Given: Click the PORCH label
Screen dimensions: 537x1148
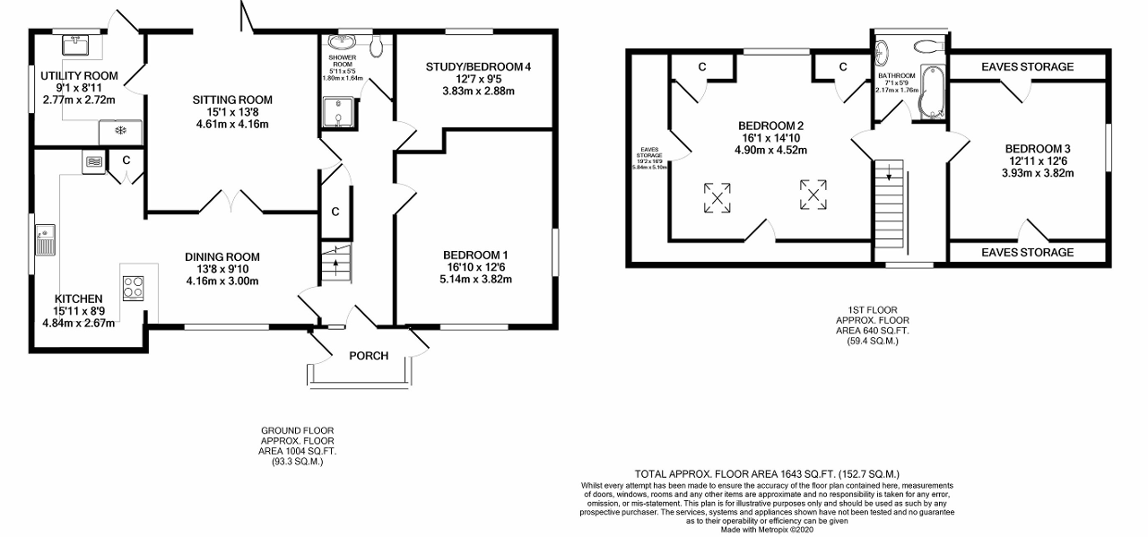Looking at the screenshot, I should click(x=369, y=356).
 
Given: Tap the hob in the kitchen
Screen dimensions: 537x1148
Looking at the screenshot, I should click(x=134, y=287).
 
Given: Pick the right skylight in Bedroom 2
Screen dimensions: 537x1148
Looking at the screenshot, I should click(x=813, y=194).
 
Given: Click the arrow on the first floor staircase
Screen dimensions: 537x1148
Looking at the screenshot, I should click(x=889, y=177).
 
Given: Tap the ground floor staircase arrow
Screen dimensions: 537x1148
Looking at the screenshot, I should click(x=337, y=263).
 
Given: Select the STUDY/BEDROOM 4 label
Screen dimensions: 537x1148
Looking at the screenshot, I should click(x=474, y=66).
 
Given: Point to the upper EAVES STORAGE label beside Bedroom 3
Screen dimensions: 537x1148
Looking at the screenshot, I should click(x=1027, y=67).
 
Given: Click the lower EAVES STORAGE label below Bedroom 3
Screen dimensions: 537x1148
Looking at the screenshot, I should click(x=1027, y=253).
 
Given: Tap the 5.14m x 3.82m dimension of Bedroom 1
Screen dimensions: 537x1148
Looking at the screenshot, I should click(x=474, y=279).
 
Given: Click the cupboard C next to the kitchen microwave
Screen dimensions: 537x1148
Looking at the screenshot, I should click(x=126, y=160).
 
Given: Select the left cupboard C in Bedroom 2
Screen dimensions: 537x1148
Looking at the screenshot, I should click(x=702, y=67).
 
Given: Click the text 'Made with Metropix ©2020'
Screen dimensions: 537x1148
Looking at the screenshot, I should click(x=771, y=529).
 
